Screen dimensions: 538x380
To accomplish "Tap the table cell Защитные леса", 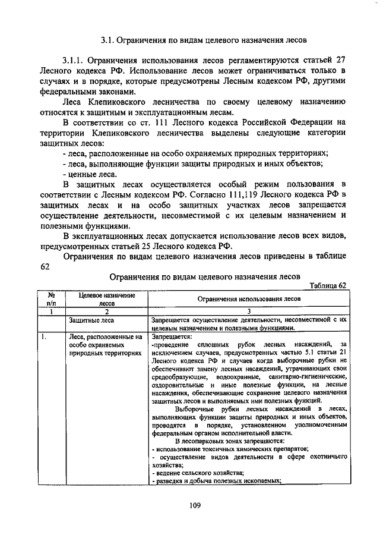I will [87, 319].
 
